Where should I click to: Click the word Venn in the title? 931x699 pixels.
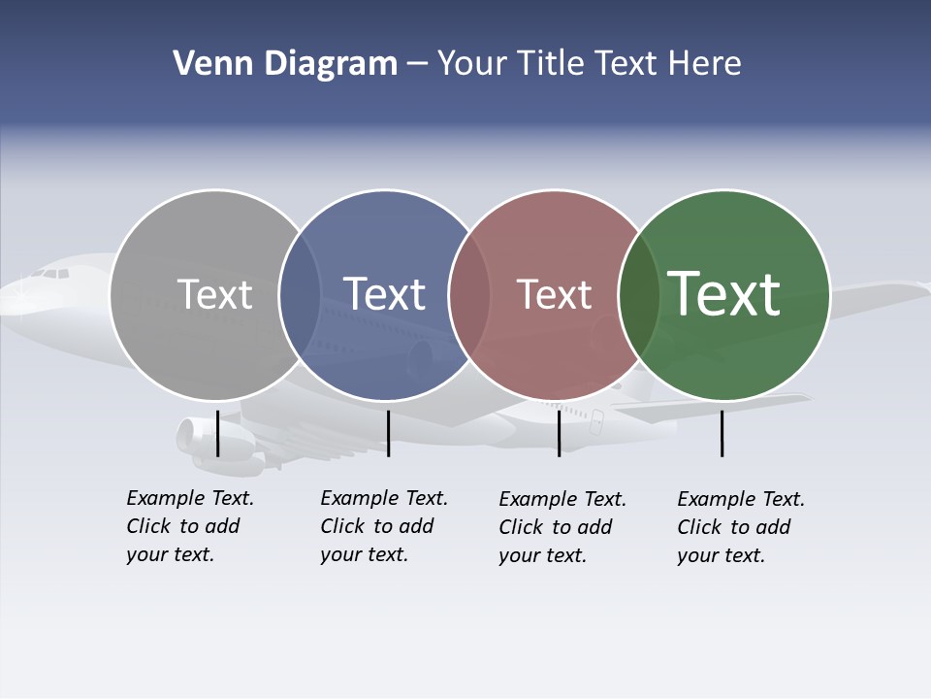click(207, 64)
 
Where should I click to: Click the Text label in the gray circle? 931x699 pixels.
click(214, 294)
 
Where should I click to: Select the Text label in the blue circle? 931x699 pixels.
click(384, 294)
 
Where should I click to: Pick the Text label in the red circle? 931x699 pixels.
click(554, 294)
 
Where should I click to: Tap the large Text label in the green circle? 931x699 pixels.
click(723, 293)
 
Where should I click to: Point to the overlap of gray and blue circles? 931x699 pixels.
click(300, 295)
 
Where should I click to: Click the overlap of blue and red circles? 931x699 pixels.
click(469, 295)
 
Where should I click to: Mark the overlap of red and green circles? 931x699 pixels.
click(639, 295)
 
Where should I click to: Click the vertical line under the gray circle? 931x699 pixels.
click(217, 433)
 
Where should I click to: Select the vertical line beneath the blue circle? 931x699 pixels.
click(388, 433)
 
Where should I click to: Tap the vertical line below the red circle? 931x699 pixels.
click(559, 433)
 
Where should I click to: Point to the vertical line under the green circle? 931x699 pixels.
click(722, 433)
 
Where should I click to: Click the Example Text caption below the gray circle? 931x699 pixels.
click(189, 526)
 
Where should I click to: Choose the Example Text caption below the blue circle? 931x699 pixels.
click(383, 526)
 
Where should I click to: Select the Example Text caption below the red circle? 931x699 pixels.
click(562, 527)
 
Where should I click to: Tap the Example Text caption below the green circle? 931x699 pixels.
click(740, 527)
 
